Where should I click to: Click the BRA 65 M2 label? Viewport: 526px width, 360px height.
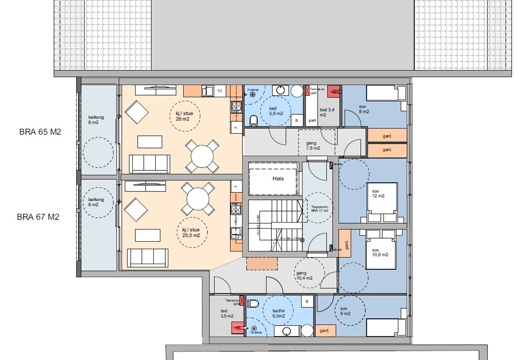point(40,132)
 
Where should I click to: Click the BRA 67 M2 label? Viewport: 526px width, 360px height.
point(38,217)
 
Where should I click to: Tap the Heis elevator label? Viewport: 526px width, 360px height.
point(278,179)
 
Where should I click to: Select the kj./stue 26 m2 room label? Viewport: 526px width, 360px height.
point(184,116)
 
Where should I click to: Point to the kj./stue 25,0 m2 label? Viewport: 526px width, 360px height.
point(191,232)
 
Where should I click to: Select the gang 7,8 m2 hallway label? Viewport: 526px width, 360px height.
point(313,145)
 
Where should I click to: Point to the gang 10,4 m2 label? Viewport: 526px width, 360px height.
point(304,275)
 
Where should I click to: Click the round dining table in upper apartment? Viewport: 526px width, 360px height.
point(202,155)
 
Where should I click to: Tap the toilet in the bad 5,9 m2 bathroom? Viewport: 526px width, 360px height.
point(253,120)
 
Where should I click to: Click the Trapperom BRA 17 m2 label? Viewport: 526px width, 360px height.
point(320,209)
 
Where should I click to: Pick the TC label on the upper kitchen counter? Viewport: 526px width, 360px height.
point(220,91)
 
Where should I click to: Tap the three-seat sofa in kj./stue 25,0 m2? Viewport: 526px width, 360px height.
point(147,258)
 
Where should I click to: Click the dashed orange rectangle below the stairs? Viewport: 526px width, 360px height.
point(262,263)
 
